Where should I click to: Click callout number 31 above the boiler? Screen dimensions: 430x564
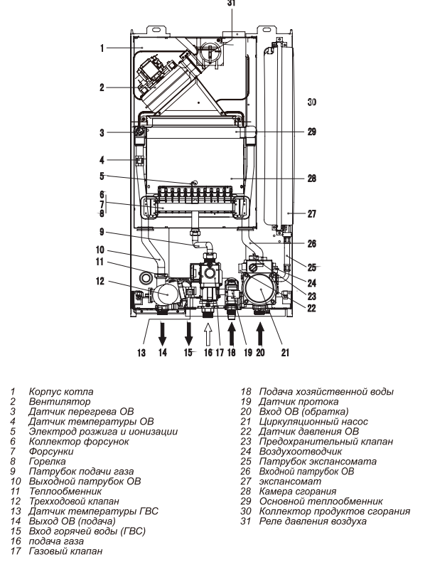tap(231, 3)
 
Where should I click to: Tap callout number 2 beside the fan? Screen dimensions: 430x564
tap(102, 87)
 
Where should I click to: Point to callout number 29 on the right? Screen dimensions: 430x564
tap(312, 132)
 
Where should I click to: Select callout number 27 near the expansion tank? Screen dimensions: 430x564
tap(312, 213)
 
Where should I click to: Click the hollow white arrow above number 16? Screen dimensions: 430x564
tap(208, 334)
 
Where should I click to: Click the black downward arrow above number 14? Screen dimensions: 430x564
tap(163, 334)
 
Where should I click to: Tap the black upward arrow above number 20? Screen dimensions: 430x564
tap(260, 334)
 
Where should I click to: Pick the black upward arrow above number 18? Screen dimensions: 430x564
tap(232, 334)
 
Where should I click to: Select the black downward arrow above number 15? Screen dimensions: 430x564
tap(189, 334)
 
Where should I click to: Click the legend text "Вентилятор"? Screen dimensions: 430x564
tap(60, 401)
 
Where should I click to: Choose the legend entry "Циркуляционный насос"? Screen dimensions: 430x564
tap(313, 422)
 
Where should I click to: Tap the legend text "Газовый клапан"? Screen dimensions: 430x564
tap(66, 550)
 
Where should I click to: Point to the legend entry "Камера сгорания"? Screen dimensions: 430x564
tap(298, 491)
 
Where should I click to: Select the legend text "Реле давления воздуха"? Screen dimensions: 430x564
tap(313, 521)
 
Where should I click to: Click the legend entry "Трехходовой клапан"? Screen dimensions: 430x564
tap(74, 501)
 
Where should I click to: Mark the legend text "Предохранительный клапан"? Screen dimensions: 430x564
tap(326, 442)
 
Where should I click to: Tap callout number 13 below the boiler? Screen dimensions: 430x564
tap(141, 353)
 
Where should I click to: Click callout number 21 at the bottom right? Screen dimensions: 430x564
tap(285, 353)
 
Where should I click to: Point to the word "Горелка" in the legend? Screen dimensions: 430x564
tap(47, 462)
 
